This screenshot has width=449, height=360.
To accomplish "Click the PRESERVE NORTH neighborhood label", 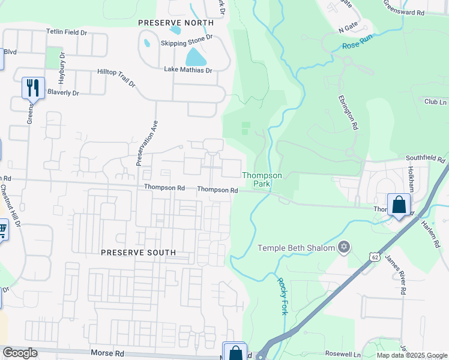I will tap(175, 23).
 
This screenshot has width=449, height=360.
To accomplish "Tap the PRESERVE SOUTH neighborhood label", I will tap(138, 253).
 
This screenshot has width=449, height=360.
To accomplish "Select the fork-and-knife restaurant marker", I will tap(33, 88).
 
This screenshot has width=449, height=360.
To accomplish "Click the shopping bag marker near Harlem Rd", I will tap(399, 205).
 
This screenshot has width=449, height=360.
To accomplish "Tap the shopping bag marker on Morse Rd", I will tap(235, 352).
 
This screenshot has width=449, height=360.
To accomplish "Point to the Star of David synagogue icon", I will tap(344, 247).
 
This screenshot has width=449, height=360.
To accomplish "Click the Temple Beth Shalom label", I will tap(296, 248).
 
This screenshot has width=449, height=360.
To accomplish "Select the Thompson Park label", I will tap(262, 179).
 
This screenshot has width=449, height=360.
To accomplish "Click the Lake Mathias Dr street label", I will tap(188, 70).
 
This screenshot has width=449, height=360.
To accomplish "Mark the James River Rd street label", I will tap(395, 274).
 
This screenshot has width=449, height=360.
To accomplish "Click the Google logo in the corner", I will tap(20, 353).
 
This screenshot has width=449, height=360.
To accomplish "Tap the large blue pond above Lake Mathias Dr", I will tap(195, 57).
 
